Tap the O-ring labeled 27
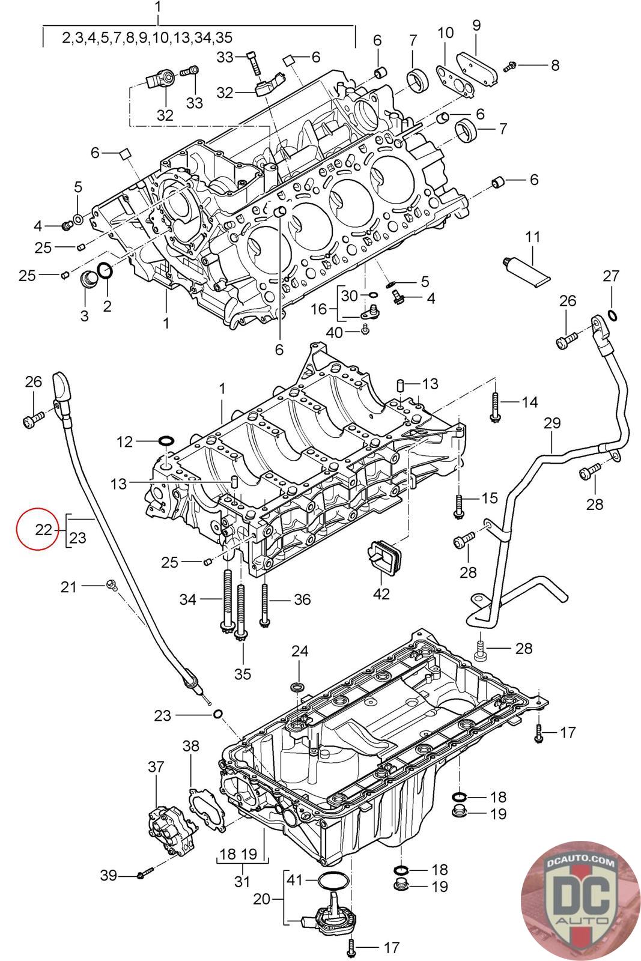(x=612, y=316)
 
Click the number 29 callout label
(x=551, y=423)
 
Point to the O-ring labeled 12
(x=166, y=443)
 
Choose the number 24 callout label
(x=300, y=650)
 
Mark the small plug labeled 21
(x=111, y=583)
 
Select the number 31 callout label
(x=243, y=882)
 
